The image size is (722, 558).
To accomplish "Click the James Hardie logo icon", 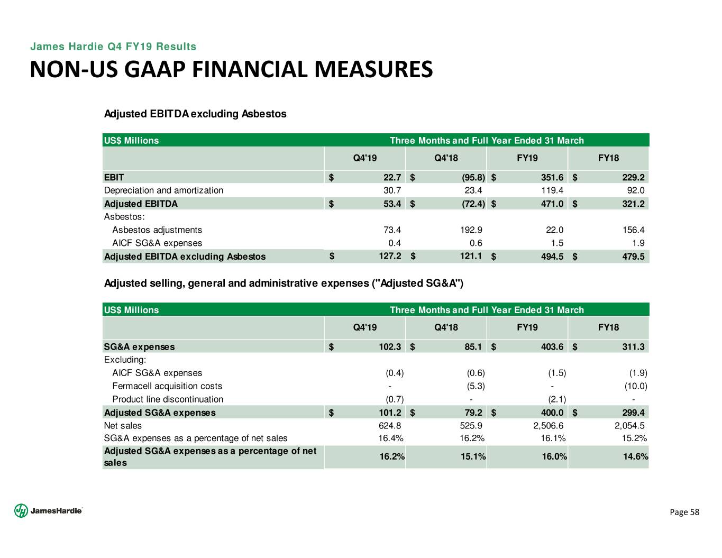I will [21, 510].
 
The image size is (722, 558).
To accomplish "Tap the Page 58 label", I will [684, 512].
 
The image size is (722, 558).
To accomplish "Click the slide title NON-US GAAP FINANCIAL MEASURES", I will [231, 70].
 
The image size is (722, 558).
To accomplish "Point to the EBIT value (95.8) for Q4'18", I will [471, 177].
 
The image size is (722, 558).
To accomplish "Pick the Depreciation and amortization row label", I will [163, 190].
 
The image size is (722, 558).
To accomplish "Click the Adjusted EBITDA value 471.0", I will [552, 204].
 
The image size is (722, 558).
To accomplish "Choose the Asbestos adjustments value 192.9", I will [471, 230].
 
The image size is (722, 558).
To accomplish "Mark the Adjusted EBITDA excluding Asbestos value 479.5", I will [633, 257].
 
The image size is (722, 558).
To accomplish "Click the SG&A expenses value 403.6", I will [552, 347].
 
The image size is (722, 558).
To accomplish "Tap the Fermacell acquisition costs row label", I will [167, 386].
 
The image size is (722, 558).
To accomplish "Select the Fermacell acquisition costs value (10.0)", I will [635, 386].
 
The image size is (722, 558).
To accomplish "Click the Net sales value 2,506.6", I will [548, 425].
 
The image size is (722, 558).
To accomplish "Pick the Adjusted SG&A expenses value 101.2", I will [390, 413].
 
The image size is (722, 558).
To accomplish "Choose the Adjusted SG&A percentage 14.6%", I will [635, 456].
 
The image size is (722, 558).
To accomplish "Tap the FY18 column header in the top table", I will [608, 158].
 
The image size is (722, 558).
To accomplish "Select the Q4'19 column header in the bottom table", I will [365, 327].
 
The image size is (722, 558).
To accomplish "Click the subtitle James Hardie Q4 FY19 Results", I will [113, 47].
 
